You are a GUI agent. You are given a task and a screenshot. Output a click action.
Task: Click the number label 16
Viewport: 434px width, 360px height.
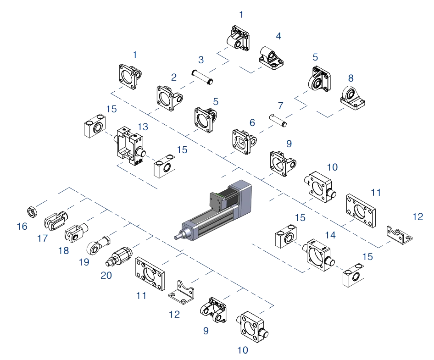coord(22,226)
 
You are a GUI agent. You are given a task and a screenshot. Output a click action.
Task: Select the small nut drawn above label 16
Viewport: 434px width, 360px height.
coord(32,212)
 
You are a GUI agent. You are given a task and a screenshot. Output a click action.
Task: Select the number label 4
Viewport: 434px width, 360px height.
coord(278,35)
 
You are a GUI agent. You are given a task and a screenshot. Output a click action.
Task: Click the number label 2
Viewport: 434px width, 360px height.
coord(174,77)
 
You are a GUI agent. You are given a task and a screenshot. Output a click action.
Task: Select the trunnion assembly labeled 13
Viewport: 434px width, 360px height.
coord(130,146)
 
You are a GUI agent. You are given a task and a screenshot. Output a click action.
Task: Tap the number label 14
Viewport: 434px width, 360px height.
coord(330,235)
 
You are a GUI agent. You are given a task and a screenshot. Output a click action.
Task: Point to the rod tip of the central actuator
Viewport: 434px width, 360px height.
coord(177,238)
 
